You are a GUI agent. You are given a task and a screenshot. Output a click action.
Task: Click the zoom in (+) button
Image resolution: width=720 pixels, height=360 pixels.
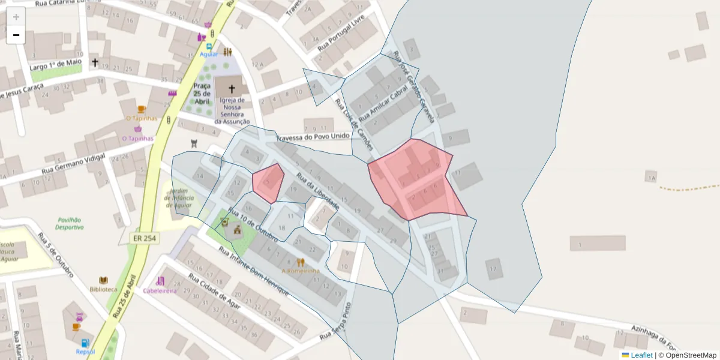coord(16,17)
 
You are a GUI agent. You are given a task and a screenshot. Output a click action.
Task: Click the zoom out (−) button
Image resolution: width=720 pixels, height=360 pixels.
coord(16,35)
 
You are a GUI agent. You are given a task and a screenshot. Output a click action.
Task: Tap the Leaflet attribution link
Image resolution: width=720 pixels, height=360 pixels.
coord(641,355)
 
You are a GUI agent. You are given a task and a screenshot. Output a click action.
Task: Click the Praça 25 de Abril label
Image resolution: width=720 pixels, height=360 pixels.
coord(202,94)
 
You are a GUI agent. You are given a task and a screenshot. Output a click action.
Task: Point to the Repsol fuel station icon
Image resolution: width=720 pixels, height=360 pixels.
coord(85,343)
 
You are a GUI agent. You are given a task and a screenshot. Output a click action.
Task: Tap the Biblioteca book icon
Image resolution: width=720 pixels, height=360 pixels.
coord(103,280)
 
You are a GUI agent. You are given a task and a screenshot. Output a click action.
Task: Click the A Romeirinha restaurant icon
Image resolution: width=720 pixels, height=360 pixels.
coord(301,262)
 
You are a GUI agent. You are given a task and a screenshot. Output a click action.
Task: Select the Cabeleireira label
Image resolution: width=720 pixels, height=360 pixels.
coord(160,290)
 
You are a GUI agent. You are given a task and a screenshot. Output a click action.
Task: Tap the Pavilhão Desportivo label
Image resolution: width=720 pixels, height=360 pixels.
coord(70,224)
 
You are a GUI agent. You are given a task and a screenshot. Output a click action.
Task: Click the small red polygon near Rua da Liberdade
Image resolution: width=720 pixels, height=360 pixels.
coord(268,182)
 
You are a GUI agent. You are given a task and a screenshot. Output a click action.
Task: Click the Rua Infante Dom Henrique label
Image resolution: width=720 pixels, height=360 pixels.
coord(253,272)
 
